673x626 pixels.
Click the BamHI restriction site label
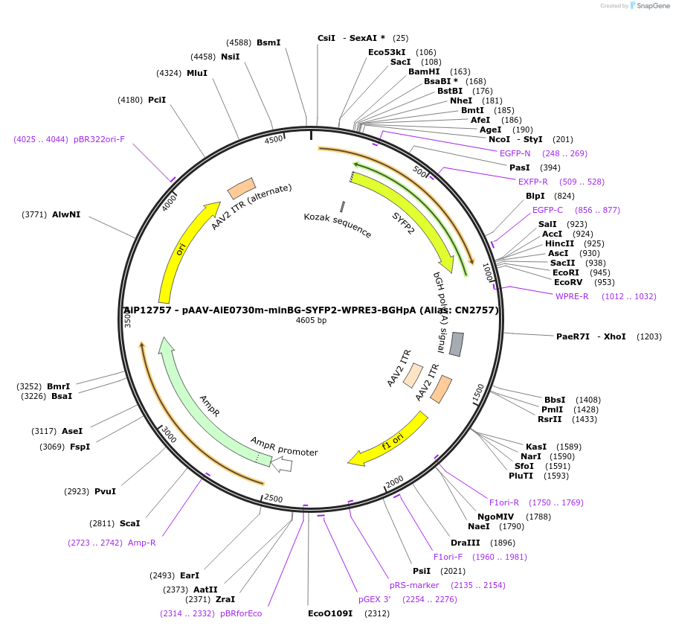coord(424,72)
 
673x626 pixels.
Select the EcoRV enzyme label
coord(573,282)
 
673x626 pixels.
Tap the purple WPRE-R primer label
coord(572,296)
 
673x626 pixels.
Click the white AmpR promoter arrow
coord(282,465)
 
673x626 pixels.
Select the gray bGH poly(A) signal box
coord(457,344)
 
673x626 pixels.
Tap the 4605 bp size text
coord(311,321)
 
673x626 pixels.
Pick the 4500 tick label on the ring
coord(274,139)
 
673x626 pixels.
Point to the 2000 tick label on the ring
coord(394,481)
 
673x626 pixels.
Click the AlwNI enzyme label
coord(66,214)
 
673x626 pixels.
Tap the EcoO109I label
coord(330,613)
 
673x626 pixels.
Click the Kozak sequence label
coord(338,226)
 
